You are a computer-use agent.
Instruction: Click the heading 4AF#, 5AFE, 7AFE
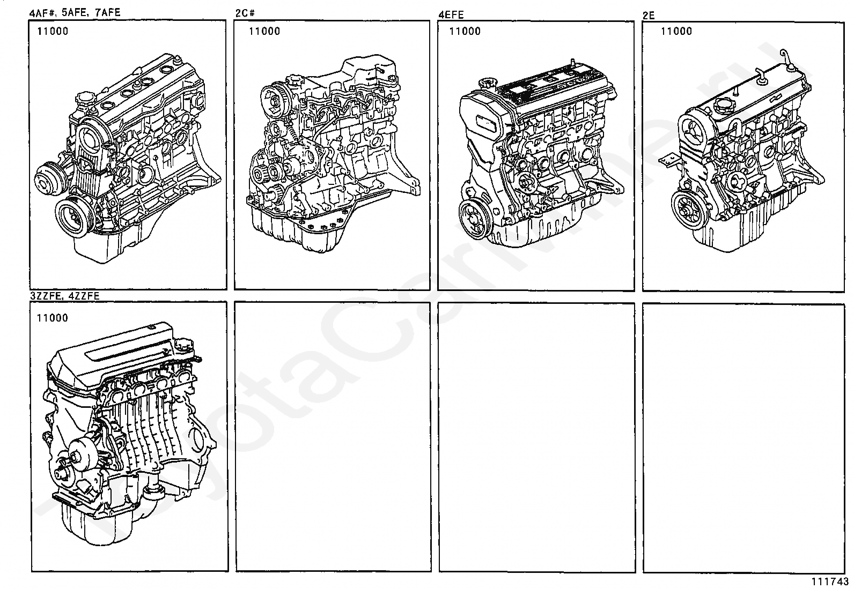(75, 12)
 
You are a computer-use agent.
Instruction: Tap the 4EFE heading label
(451, 14)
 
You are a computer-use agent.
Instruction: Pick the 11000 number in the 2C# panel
(264, 31)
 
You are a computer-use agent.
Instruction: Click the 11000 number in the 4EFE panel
(465, 31)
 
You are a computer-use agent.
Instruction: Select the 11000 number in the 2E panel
(676, 31)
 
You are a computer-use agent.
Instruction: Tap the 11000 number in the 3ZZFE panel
(53, 318)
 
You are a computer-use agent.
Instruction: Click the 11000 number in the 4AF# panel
(53, 31)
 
